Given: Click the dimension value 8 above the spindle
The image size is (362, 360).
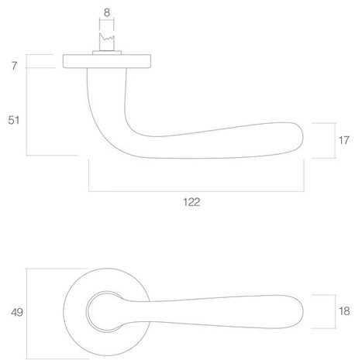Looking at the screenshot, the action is (x=107, y=12).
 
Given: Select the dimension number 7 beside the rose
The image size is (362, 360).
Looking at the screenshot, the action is (x=14, y=66).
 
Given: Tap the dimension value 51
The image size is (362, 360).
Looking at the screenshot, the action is (x=13, y=120).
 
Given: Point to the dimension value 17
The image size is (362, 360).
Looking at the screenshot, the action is (x=344, y=140).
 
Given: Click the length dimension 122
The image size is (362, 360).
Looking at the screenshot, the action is (x=191, y=202).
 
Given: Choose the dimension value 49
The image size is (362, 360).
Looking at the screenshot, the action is (x=17, y=312).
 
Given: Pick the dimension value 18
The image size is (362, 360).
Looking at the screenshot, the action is (x=344, y=311).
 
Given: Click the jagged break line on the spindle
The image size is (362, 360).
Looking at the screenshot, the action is (x=107, y=38).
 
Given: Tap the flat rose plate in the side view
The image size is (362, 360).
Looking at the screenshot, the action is (x=107, y=61).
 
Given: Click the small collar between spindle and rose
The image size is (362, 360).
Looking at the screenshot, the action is (x=107, y=53).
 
